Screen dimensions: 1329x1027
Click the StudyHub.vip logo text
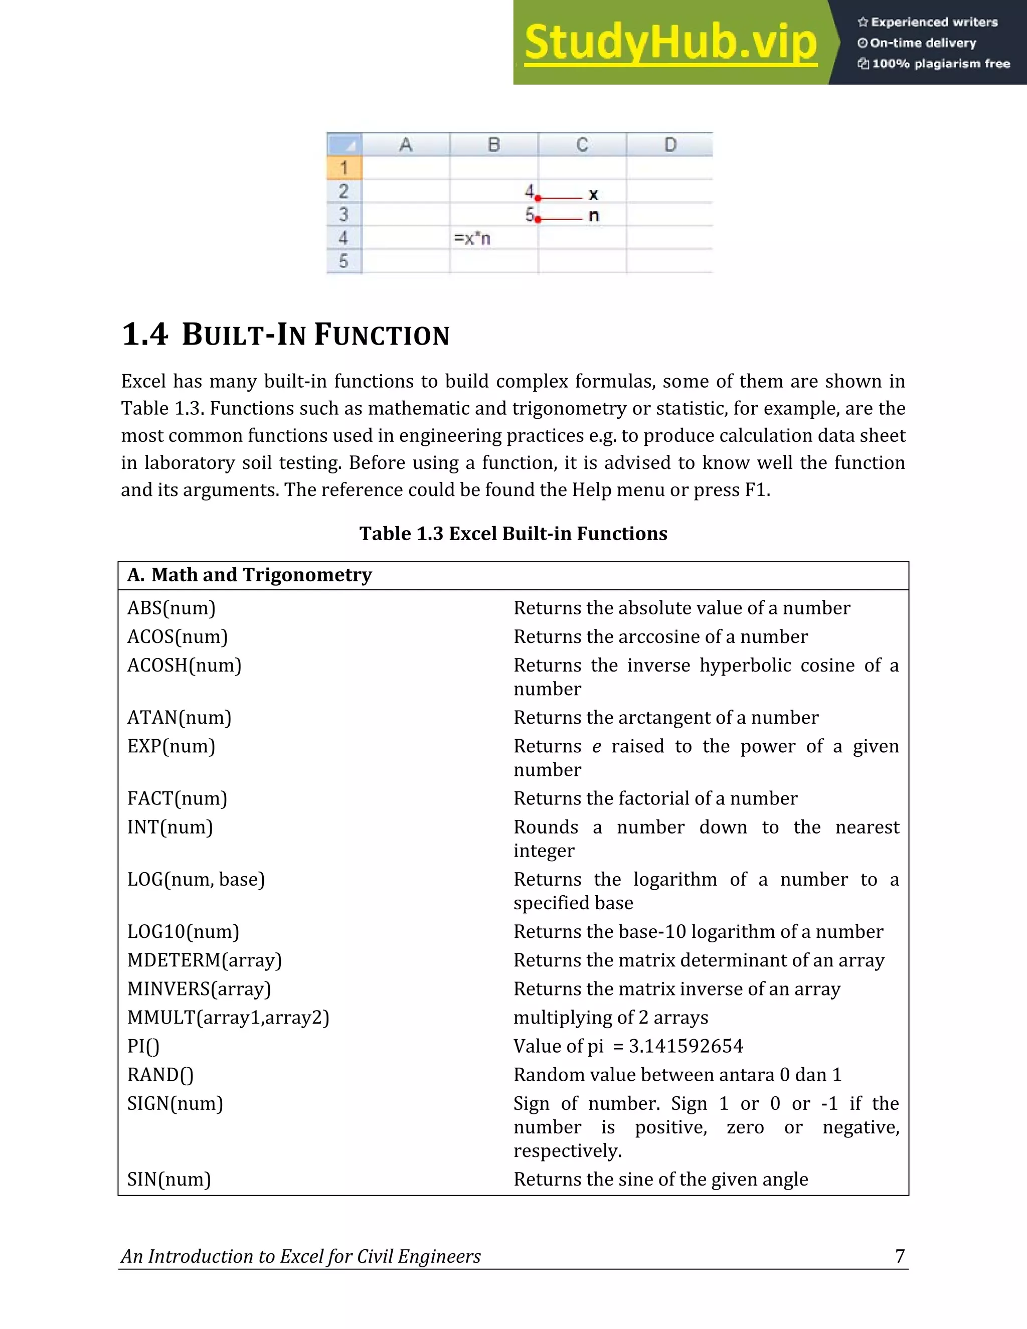670,43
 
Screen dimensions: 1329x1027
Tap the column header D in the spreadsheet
670,145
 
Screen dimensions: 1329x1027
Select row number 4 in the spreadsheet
344,238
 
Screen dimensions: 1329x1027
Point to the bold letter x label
593,195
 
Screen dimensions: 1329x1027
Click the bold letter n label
594,216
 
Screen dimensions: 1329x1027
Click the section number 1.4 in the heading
145,335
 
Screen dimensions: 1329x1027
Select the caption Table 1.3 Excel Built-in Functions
513,534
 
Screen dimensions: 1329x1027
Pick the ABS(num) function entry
172,608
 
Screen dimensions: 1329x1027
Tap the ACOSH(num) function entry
185,665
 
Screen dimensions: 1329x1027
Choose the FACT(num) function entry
177,798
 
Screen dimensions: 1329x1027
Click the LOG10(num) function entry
183,932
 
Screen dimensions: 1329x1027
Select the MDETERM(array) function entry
205,960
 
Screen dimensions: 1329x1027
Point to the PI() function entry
143,1046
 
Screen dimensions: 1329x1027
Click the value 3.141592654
686,1046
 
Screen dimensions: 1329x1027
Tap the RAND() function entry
160,1075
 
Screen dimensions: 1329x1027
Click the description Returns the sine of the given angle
661,1180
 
